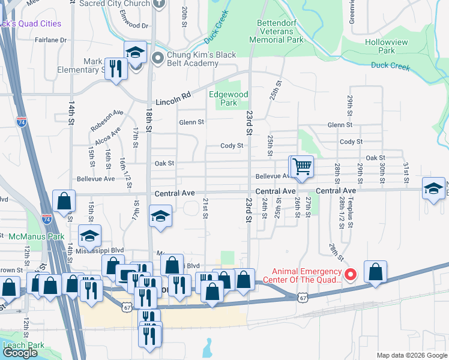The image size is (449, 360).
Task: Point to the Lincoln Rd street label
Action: point(173,103)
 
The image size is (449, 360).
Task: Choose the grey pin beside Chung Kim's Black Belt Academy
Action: point(158,58)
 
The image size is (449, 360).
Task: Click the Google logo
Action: point(20,353)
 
